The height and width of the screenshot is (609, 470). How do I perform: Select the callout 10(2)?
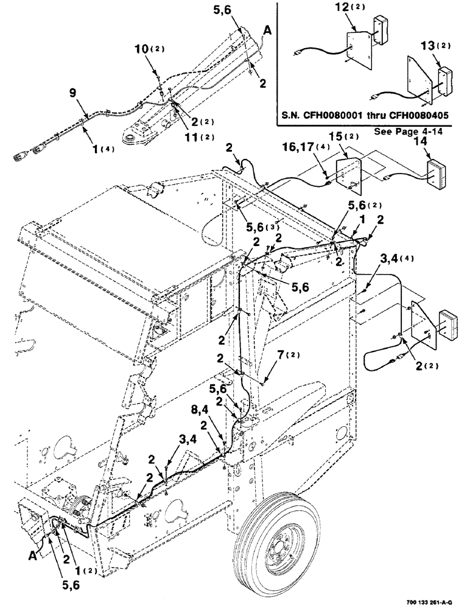153,65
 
